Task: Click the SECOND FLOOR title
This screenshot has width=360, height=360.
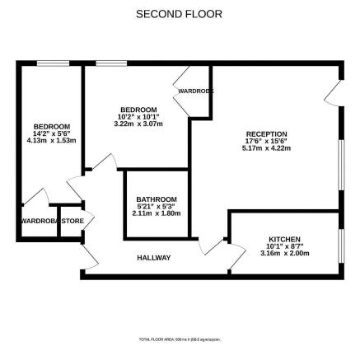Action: pyautogui.click(x=180, y=14)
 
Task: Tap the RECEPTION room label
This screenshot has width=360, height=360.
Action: pyautogui.click(x=266, y=133)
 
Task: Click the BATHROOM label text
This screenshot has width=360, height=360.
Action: pyautogui.click(x=157, y=199)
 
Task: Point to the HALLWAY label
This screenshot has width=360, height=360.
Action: pyautogui.click(x=153, y=258)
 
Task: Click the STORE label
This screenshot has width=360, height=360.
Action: pyautogui.click(x=72, y=221)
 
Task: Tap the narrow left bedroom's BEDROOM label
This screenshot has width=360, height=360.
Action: pyautogui.click(x=46, y=126)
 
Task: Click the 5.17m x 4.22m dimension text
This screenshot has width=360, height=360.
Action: pyautogui.click(x=266, y=147)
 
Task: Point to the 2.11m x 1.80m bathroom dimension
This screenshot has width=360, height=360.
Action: pyautogui.click(x=157, y=213)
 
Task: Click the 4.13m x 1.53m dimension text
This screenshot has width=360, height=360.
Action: pyautogui.click(x=46, y=139)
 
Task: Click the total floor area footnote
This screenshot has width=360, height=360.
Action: pyautogui.click(x=180, y=339)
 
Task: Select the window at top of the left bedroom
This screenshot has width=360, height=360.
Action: pyautogui.click(x=52, y=63)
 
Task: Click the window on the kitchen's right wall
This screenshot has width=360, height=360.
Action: pyautogui.click(x=340, y=247)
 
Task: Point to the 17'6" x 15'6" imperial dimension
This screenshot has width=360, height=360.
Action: pyautogui.click(x=266, y=140)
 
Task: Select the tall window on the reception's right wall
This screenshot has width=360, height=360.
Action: pyautogui.click(x=340, y=165)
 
